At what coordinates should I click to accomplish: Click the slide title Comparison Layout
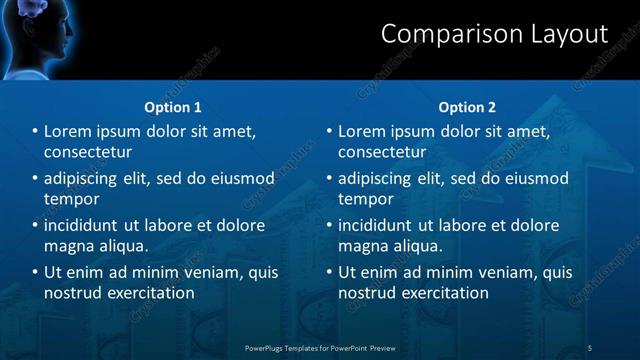pos(494,34)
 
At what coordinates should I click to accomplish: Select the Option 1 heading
pos(173,107)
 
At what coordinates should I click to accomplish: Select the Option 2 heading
pos(467,107)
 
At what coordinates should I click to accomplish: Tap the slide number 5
pos(589,348)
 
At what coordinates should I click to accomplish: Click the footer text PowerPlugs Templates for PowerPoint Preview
pos(320,348)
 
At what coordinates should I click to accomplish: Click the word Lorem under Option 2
pos(362,132)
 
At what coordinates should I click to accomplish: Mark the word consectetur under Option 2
pos(382,152)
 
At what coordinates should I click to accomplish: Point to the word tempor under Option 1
pos(69,199)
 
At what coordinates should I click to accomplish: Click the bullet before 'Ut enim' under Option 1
pos(35,272)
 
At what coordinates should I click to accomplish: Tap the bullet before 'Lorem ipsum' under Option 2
pos(329,132)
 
